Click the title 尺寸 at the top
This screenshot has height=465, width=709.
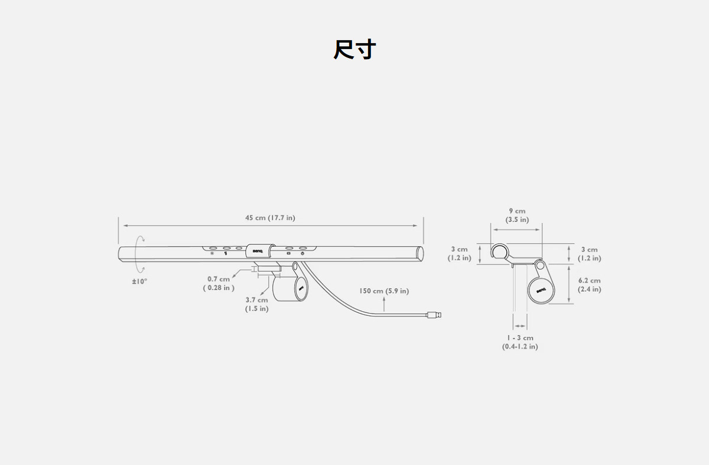click(x=354, y=50)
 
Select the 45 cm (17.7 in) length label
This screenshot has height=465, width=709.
click(x=270, y=218)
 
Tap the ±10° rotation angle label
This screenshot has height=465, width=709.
click(x=139, y=281)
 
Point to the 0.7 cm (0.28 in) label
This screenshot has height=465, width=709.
click(x=219, y=283)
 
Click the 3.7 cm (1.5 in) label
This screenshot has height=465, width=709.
click(x=256, y=304)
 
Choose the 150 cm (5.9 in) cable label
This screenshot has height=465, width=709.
click(x=383, y=290)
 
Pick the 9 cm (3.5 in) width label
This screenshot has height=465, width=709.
click(x=517, y=215)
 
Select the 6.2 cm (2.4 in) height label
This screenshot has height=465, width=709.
click(x=589, y=285)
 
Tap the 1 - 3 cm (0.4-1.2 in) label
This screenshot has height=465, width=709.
click(x=520, y=342)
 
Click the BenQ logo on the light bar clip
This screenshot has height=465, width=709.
click(x=258, y=251)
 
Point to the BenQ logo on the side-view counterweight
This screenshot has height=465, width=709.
click(x=541, y=290)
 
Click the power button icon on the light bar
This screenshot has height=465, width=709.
click(x=303, y=254)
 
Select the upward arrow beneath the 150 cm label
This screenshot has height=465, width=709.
click(x=384, y=304)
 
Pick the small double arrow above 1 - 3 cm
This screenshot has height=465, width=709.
click(x=520, y=325)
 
